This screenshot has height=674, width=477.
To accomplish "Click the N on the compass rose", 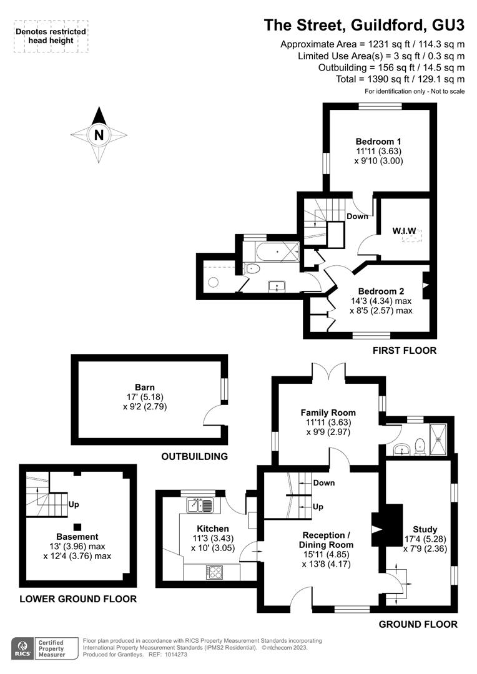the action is [99, 135].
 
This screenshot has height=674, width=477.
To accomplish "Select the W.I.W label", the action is [404, 231].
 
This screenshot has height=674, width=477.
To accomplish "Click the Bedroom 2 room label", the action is [381, 291].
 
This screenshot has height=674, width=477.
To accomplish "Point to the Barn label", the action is [144, 388].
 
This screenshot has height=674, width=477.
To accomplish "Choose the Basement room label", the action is [77, 537].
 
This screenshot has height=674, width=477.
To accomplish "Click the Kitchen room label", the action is [213, 529].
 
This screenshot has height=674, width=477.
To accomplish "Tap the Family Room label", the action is [328, 413].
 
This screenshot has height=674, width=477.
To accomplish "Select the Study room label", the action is [425, 530].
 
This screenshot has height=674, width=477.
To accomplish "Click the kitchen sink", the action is [200, 505].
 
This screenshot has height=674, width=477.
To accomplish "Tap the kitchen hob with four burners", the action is [215, 572].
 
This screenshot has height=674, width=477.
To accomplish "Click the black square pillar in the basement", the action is [77, 527].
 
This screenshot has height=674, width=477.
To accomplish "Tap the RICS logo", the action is [23, 648].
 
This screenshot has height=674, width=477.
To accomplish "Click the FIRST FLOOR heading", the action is [405, 351].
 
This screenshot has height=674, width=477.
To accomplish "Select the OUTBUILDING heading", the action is [194, 456].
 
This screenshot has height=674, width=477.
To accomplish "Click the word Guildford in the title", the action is [386, 25].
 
